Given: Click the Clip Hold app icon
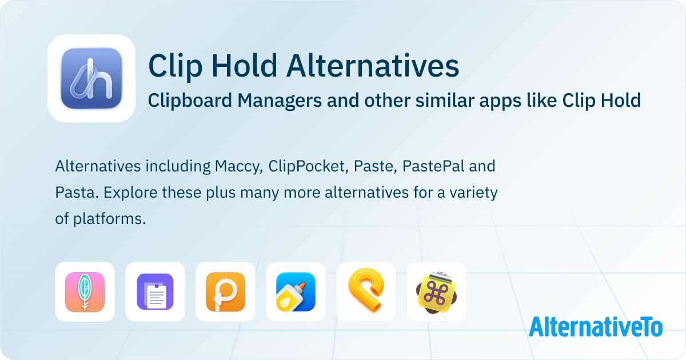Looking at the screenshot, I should pos(91,78).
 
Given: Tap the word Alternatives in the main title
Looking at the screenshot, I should pos(373,66).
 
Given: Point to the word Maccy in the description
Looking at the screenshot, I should pos(236,166).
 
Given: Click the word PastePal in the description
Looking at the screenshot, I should pos(430,166).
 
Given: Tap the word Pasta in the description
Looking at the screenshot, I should pos(73,193).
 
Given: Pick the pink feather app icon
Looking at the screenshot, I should pos(85,291).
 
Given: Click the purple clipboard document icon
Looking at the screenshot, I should pos(155,291).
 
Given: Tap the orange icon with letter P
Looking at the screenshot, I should pos(225,291).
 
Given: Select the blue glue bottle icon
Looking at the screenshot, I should pos(296,291).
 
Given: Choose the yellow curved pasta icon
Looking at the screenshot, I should pos(366,291).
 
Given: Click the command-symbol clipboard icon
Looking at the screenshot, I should pos(436,291).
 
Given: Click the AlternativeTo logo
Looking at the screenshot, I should pos(595,326).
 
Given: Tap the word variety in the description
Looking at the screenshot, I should pos(472,193).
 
